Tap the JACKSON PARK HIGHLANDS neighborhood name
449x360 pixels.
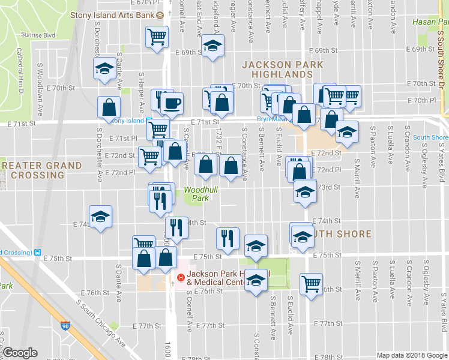click(282, 69)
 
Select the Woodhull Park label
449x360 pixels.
click(200, 193)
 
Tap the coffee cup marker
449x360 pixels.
click(172, 103)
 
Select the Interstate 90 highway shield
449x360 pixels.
click(64, 327)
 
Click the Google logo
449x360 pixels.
click(20, 353)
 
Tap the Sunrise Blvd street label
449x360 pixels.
click(38, 35)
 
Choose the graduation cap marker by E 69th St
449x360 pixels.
click(212, 46)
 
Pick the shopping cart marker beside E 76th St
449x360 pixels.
click(311, 283)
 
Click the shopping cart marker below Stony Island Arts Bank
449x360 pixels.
click(157, 38)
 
